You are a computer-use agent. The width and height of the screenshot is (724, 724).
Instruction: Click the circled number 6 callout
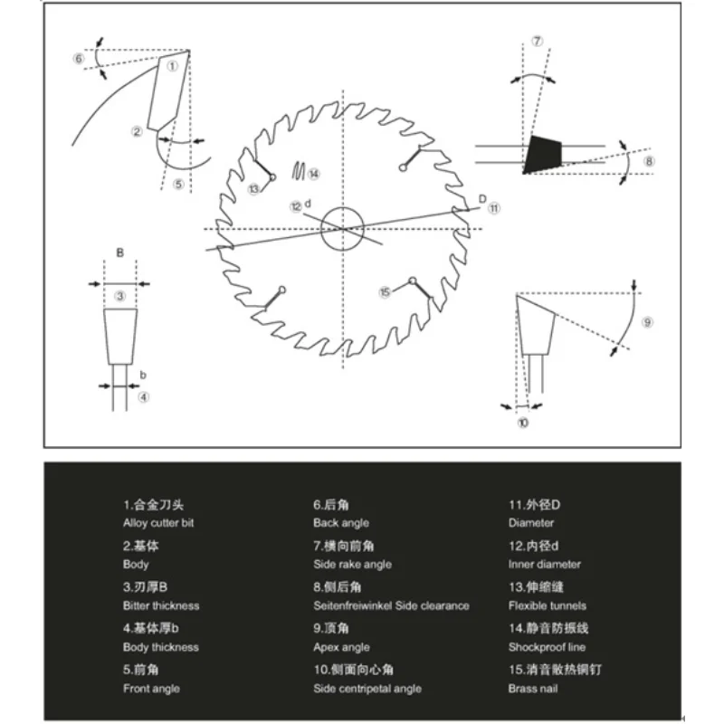pyautogui.click(x=79, y=59)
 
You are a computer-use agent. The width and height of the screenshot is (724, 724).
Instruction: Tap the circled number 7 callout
pyautogui.click(x=538, y=42)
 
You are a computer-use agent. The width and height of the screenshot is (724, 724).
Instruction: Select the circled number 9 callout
pyautogui.click(x=646, y=323)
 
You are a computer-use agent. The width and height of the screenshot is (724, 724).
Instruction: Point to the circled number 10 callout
pyautogui.click(x=523, y=423)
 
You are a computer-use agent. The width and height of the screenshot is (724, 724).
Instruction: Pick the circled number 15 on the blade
pyautogui.click(x=385, y=291)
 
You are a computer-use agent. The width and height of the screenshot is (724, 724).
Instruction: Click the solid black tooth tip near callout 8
pyautogui.click(x=545, y=153)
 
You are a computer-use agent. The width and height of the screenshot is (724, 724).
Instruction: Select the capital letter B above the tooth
pyautogui.click(x=119, y=253)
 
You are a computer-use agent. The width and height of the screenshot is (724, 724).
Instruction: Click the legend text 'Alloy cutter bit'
pyautogui.click(x=158, y=523)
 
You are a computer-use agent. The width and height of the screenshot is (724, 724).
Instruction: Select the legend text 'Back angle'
pyautogui.click(x=341, y=523)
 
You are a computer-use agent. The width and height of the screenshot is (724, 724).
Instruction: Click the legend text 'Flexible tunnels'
pyautogui.click(x=547, y=605)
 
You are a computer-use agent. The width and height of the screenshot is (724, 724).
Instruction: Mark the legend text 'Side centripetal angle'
pyautogui.click(x=367, y=689)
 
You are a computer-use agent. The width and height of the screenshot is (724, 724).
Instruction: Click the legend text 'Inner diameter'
pyautogui.click(x=545, y=564)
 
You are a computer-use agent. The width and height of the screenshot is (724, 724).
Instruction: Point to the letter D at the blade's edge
pyautogui.click(x=481, y=198)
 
